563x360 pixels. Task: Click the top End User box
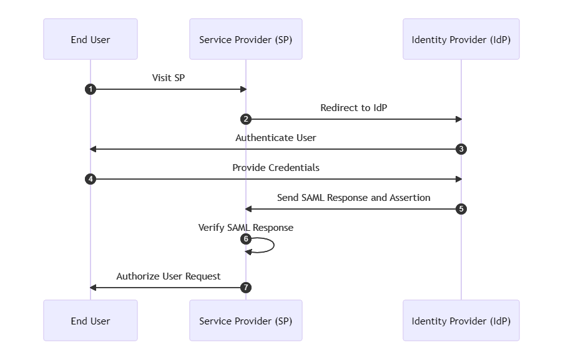point(91,39)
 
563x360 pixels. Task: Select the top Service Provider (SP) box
point(246,39)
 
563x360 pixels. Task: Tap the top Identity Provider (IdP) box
point(461,39)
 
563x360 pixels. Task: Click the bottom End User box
point(91,321)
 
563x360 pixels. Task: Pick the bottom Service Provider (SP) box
point(246,321)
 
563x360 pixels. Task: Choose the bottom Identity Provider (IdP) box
point(461,321)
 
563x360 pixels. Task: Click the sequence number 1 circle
point(91,89)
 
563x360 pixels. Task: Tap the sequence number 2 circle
point(246,119)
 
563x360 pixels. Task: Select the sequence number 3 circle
point(461,149)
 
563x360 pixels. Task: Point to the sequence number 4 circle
point(91,178)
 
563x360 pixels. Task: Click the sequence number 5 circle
point(461,209)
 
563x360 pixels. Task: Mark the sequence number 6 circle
point(246,239)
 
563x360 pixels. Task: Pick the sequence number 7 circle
point(246,288)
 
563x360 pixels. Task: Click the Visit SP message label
point(169,78)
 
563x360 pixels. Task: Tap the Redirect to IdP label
point(354,108)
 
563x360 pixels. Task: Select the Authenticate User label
point(276,138)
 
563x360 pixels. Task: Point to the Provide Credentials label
point(276,168)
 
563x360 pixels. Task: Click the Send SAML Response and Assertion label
point(354,198)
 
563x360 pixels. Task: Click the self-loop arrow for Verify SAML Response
point(274,245)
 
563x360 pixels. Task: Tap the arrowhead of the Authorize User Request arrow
point(93,288)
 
